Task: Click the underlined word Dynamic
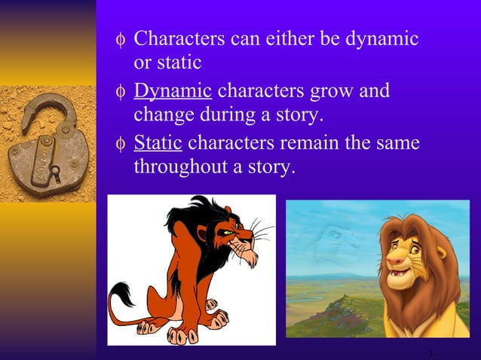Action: click(172, 91)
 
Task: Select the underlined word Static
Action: click(160, 142)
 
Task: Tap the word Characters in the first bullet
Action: click(179, 38)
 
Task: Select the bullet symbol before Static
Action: click(119, 143)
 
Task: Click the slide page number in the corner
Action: click(430, 354)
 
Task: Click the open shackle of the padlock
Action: click(45, 109)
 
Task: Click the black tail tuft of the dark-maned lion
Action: click(121, 294)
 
